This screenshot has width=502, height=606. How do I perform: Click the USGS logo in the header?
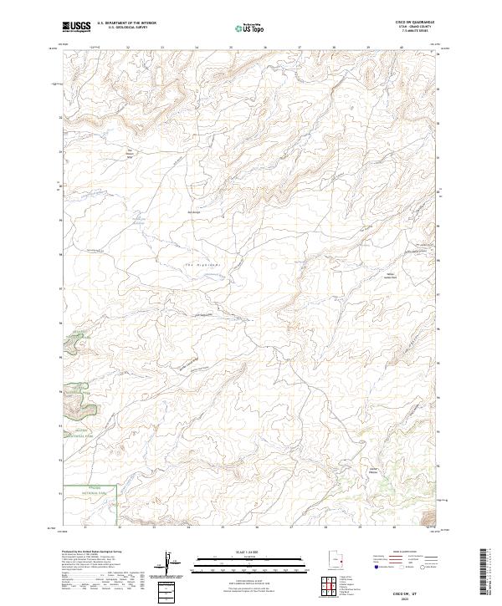tap(76, 28)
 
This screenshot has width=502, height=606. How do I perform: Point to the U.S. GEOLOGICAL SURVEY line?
tap(125, 29)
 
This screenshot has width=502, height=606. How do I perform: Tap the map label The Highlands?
tap(202, 265)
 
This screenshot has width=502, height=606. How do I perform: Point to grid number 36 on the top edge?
tap(265, 48)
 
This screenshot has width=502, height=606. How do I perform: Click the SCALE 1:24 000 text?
tap(250, 551)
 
